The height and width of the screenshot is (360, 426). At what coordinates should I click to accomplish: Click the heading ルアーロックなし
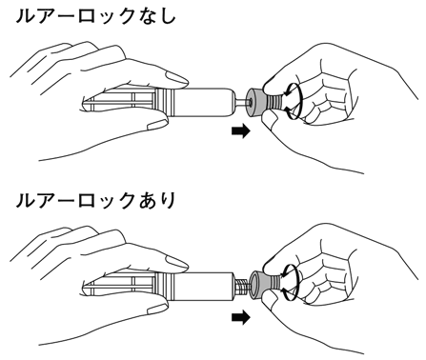(x=95, y=16)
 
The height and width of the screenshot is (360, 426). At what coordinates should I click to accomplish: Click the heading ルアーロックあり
(x=95, y=201)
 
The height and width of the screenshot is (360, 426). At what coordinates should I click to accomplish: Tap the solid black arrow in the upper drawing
(x=241, y=131)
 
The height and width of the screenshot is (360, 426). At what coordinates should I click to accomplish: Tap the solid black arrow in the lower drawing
(x=241, y=318)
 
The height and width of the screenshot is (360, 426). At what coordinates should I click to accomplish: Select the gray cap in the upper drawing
(x=255, y=102)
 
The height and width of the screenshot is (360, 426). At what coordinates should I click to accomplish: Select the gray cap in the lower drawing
(x=258, y=285)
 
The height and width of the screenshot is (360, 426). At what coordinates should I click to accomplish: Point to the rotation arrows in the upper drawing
(x=292, y=101)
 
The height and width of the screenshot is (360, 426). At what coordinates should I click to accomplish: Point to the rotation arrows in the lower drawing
(x=291, y=283)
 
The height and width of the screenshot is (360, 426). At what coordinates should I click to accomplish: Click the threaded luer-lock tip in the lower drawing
(x=243, y=284)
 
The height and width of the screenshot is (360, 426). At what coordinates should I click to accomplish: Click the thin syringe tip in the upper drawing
(x=242, y=102)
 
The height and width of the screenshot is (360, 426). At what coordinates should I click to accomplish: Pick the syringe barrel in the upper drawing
(x=206, y=102)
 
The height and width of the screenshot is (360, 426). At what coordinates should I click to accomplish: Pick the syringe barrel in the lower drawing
(x=205, y=285)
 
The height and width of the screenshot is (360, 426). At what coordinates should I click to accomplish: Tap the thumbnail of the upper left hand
(x=158, y=123)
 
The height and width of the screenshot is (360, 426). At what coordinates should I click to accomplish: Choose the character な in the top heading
(x=146, y=16)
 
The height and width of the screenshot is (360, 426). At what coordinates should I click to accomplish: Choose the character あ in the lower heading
(x=146, y=201)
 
